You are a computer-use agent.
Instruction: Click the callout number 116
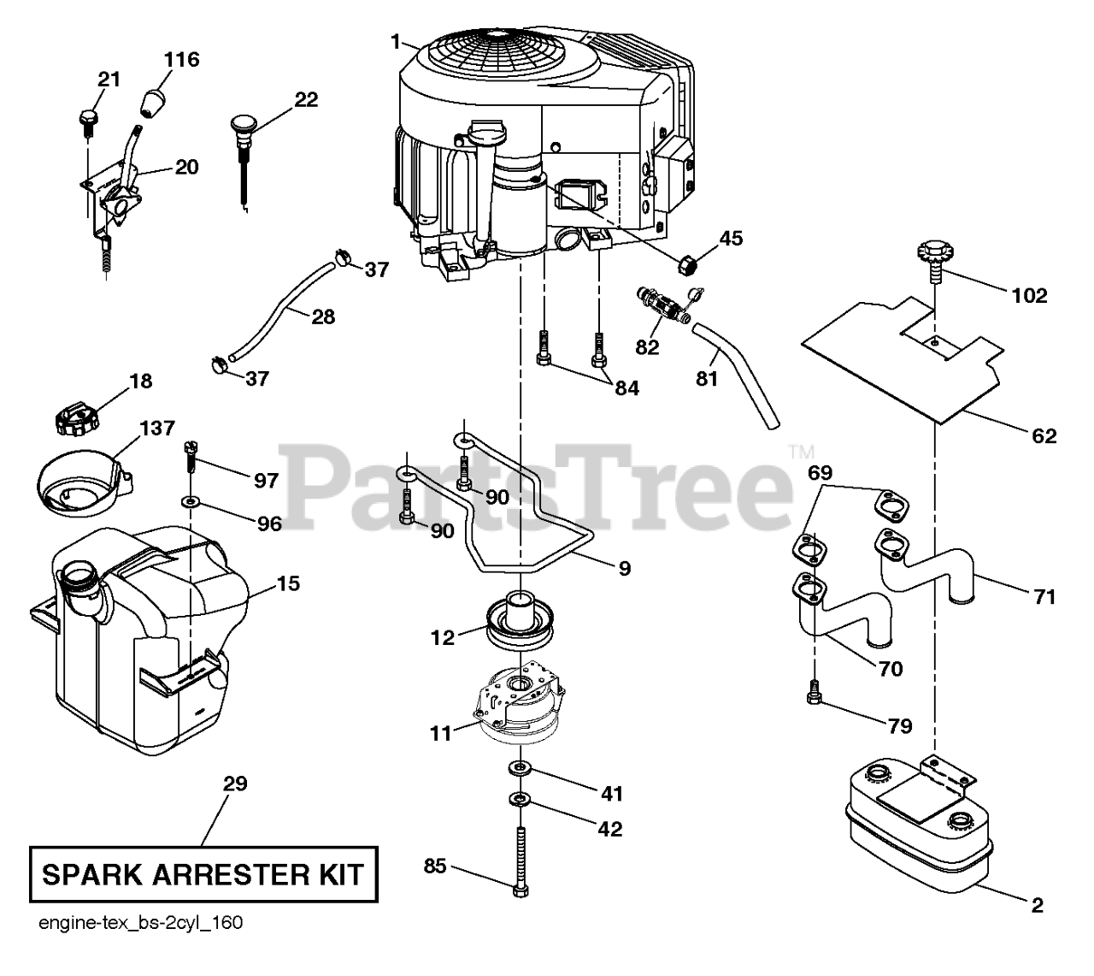181,60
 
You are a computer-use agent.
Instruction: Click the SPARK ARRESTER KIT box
203,874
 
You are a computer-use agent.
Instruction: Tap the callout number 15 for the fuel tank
288,583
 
